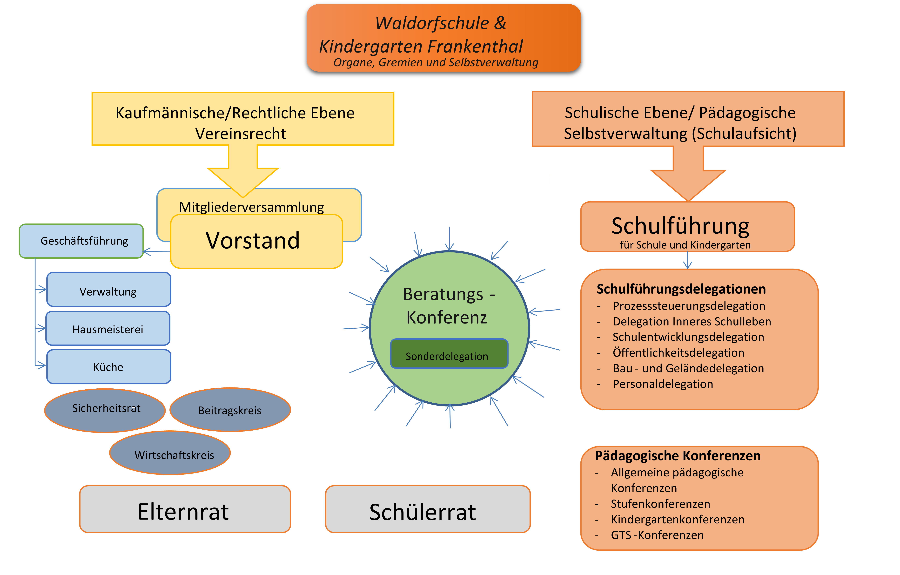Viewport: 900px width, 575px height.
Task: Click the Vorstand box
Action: click(256, 241)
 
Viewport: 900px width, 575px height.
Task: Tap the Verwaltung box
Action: click(109, 289)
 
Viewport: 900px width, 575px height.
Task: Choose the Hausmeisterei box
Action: click(108, 328)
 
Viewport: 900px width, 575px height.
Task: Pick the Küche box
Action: click(109, 366)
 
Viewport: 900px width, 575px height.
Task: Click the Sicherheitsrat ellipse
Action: click(105, 410)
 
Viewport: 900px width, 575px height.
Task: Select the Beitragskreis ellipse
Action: click(230, 409)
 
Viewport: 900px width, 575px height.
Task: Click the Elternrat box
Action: click(185, 509)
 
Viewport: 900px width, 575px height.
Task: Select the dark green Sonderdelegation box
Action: click(449, 354)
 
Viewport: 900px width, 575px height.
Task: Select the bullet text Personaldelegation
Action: click(663, 384)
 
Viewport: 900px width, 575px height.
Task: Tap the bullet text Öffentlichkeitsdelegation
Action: click(678, 352)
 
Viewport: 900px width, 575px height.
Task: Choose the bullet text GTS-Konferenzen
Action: click(657, 535)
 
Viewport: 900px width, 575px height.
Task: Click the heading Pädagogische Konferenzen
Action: click(678, 456)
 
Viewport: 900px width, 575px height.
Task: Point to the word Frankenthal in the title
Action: click(475, 47)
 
